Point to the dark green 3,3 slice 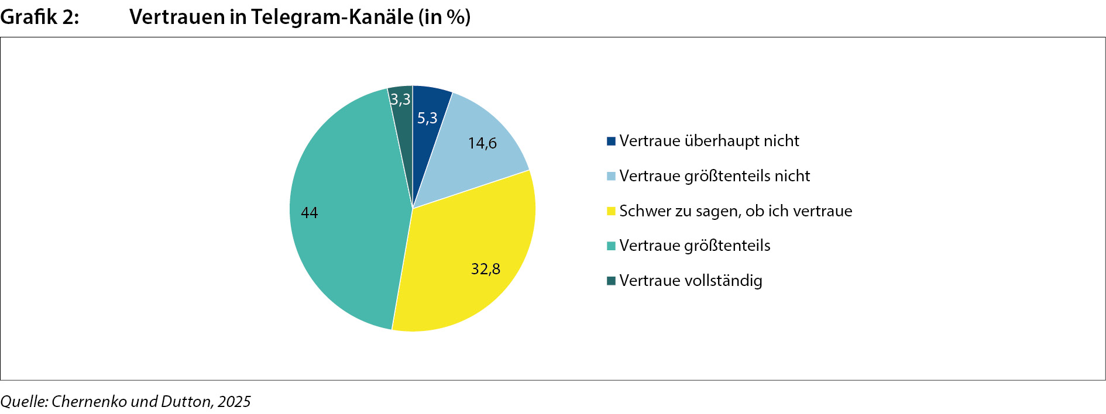tap(402, 114)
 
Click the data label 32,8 tap(486, 269)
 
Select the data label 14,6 tap(482, 143)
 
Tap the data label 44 tap(310, 213)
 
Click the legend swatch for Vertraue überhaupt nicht tap(611, 141)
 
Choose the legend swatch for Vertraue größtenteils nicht tap(611, 176)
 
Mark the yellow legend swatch tap(611, 211)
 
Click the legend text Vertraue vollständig tap(691, 281)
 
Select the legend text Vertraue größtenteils tap(695, 246)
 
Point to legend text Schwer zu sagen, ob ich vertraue tap(736, 211)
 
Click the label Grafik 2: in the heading tap(40, 17)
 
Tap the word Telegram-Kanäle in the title tap(332, 17)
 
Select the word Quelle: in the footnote tap(24, 402)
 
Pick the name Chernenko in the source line tap(89, 402)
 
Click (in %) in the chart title tap(444, 17)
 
